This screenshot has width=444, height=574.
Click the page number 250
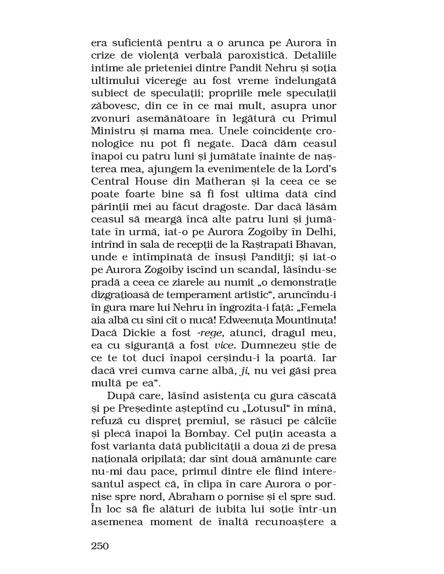click(x=100, y=546)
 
